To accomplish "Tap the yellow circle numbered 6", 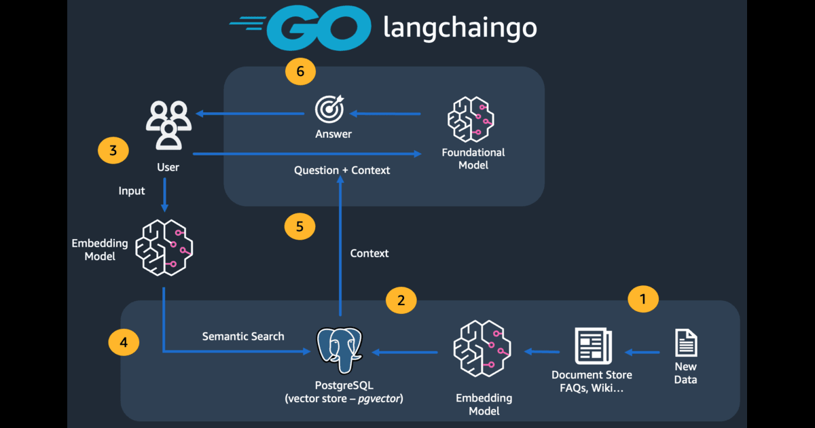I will (x=300, y=70).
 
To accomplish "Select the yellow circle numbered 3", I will (x=113, y=150).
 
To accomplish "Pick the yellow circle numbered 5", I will (x=300, y=226).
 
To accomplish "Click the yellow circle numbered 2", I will (x=401, y=300).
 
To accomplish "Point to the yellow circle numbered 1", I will (x=643, y=298).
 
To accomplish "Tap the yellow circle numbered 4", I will (x=124, y=342).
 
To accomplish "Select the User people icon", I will (x=167, y=124).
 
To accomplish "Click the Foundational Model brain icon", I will (x=469, y=119).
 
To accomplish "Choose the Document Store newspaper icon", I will (x=592, y=346).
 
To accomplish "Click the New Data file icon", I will (x=686, y=343).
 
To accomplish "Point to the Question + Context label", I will (x=342, y=171).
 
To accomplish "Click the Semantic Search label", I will (x=243, y=336).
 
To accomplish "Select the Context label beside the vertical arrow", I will (x=369, y=253).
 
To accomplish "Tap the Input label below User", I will (x=132, y=191).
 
